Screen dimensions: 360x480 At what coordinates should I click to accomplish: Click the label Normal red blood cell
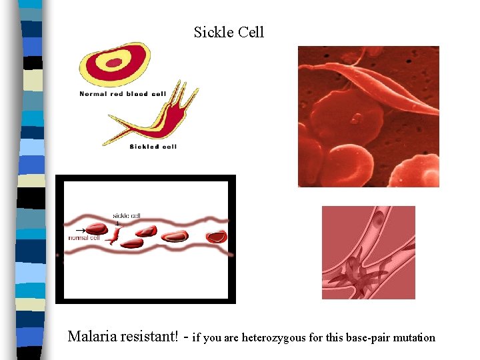tap(123, 94)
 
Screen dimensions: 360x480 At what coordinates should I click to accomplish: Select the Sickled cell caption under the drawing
tap(153, 145)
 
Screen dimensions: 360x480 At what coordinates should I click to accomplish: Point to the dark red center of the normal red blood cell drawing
tap(115, 63)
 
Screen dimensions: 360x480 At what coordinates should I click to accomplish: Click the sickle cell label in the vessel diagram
tap(126, 216)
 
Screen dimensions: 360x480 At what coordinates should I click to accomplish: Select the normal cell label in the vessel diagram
tap(83, 237)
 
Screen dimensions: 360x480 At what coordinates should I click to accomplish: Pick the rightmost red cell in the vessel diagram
tap(216, 236)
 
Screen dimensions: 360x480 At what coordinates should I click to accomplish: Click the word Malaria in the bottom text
tap(93, 337)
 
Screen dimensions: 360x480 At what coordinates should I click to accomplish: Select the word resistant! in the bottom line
tap(149, 337)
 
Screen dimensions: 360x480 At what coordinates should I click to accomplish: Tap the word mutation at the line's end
tap(415, 337)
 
